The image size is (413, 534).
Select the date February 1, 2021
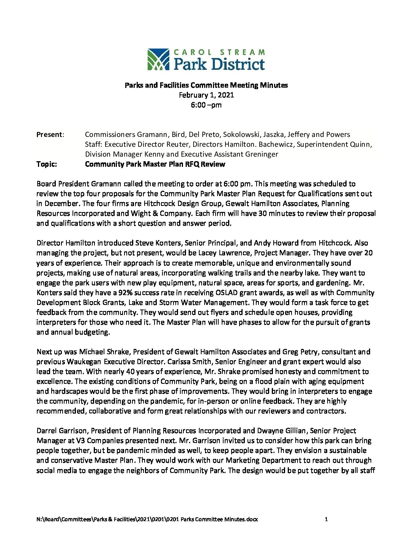(206, 95)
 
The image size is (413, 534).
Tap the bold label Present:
(50, 135)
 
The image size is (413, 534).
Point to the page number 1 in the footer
(326, 519)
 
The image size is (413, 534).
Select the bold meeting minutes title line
(206, 85)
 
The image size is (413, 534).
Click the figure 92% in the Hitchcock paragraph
(162, 293)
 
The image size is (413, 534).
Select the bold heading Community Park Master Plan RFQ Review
(155, 164)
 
